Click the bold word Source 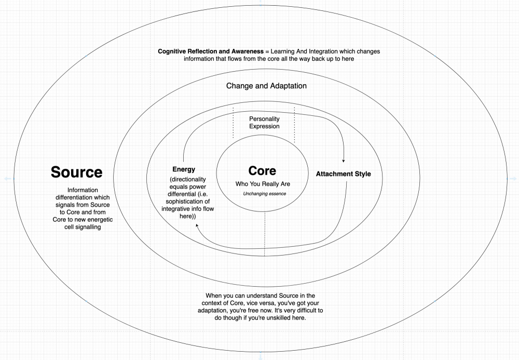pos(76,172)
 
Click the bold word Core pos(262,170)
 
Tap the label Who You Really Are pos(263,184)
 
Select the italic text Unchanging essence pos(265,194)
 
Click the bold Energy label pos(184,169)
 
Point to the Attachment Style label pos(343,174)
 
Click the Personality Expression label pos(264,123)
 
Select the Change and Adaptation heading pos(266,86)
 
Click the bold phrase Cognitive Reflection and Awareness pos(211,51)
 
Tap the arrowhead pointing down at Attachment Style pos(344,161)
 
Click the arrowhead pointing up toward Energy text pos(197,225)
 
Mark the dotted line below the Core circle pos(265,234)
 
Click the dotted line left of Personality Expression pos(233,123)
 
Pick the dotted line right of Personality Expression pos(294,125)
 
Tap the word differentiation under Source pos(83,197)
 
